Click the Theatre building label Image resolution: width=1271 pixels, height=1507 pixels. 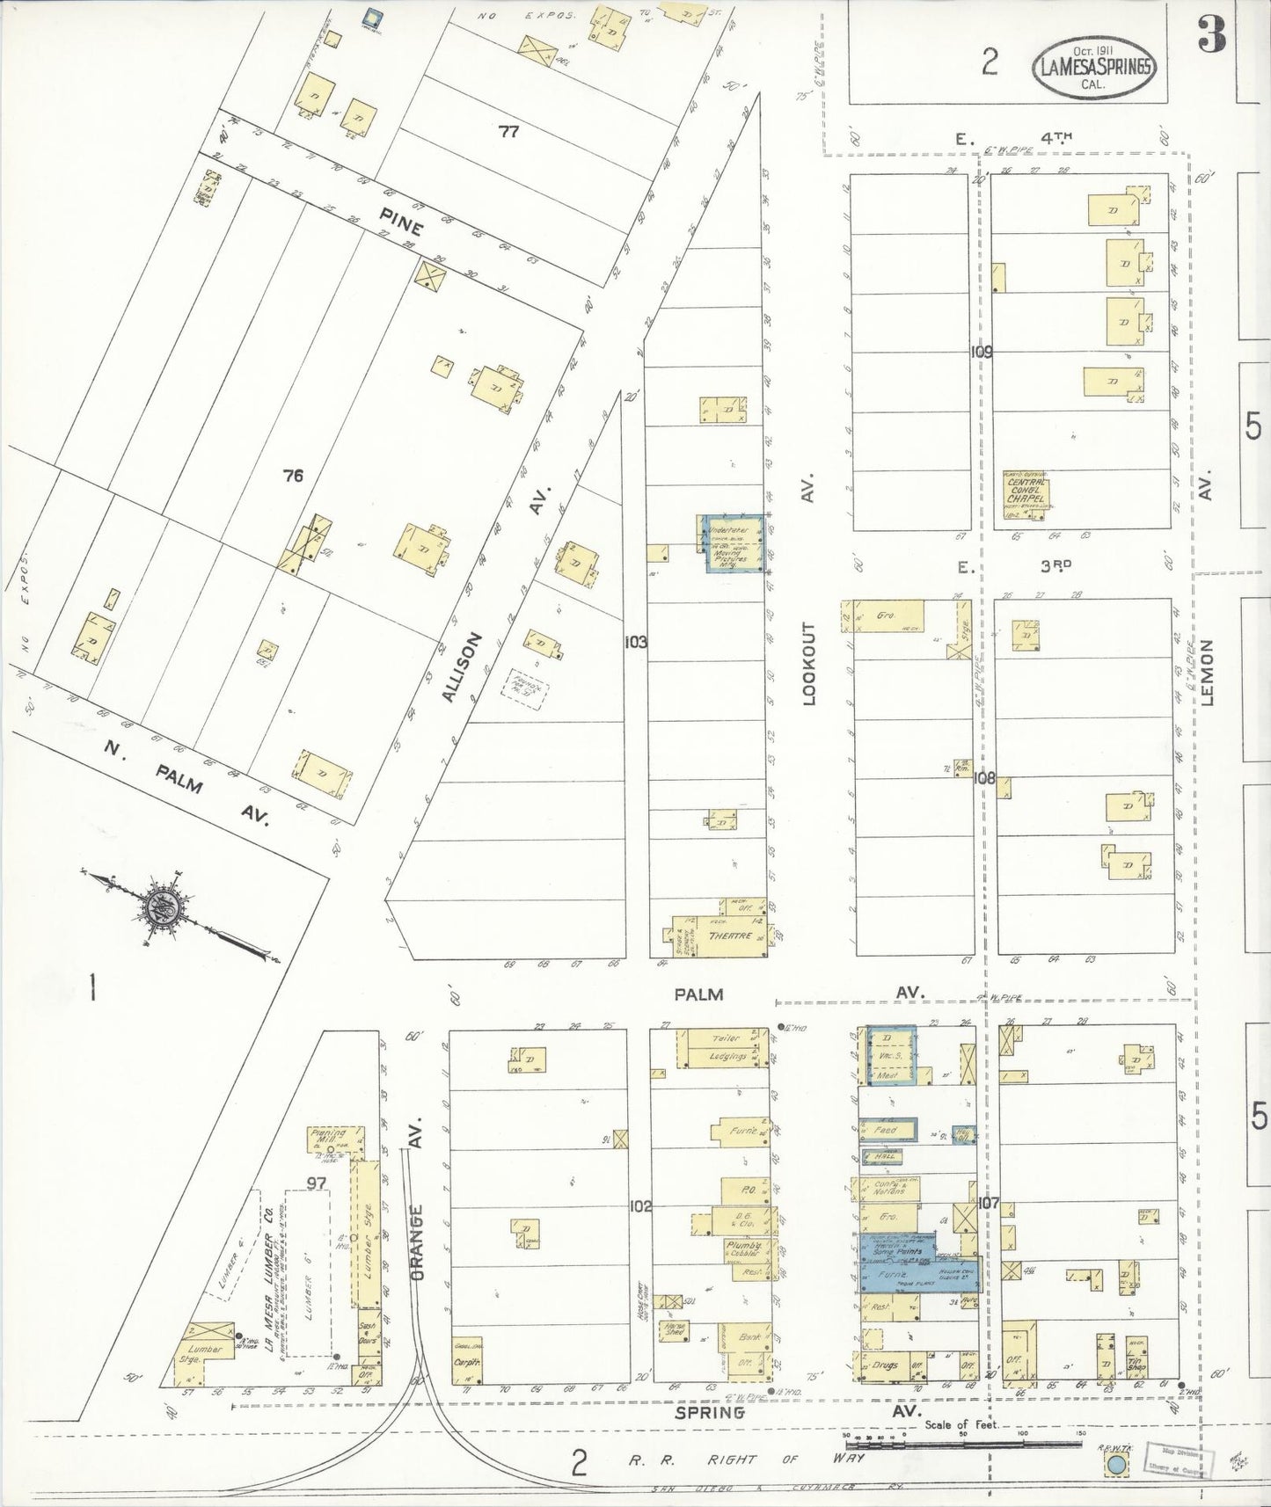tap(729, 936)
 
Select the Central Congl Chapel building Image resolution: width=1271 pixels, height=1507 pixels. tap(1026, 491)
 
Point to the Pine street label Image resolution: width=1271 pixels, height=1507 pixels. tap(401, 222)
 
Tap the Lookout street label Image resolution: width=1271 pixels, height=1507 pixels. tap(809, 664)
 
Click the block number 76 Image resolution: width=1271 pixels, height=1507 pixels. tap(293, 476)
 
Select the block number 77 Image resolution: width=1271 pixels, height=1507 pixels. tap(508, 132)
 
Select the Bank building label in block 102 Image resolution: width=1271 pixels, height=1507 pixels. tap(749, 1336)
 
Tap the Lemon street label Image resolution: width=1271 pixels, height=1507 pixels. tap(1206, 673)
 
